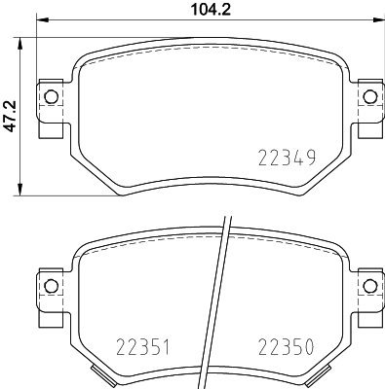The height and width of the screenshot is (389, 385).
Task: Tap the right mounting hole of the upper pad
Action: point(368,95)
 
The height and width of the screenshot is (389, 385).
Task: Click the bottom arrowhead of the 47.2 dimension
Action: point(22,192)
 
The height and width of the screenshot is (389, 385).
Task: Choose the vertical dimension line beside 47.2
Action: point(22,156)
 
